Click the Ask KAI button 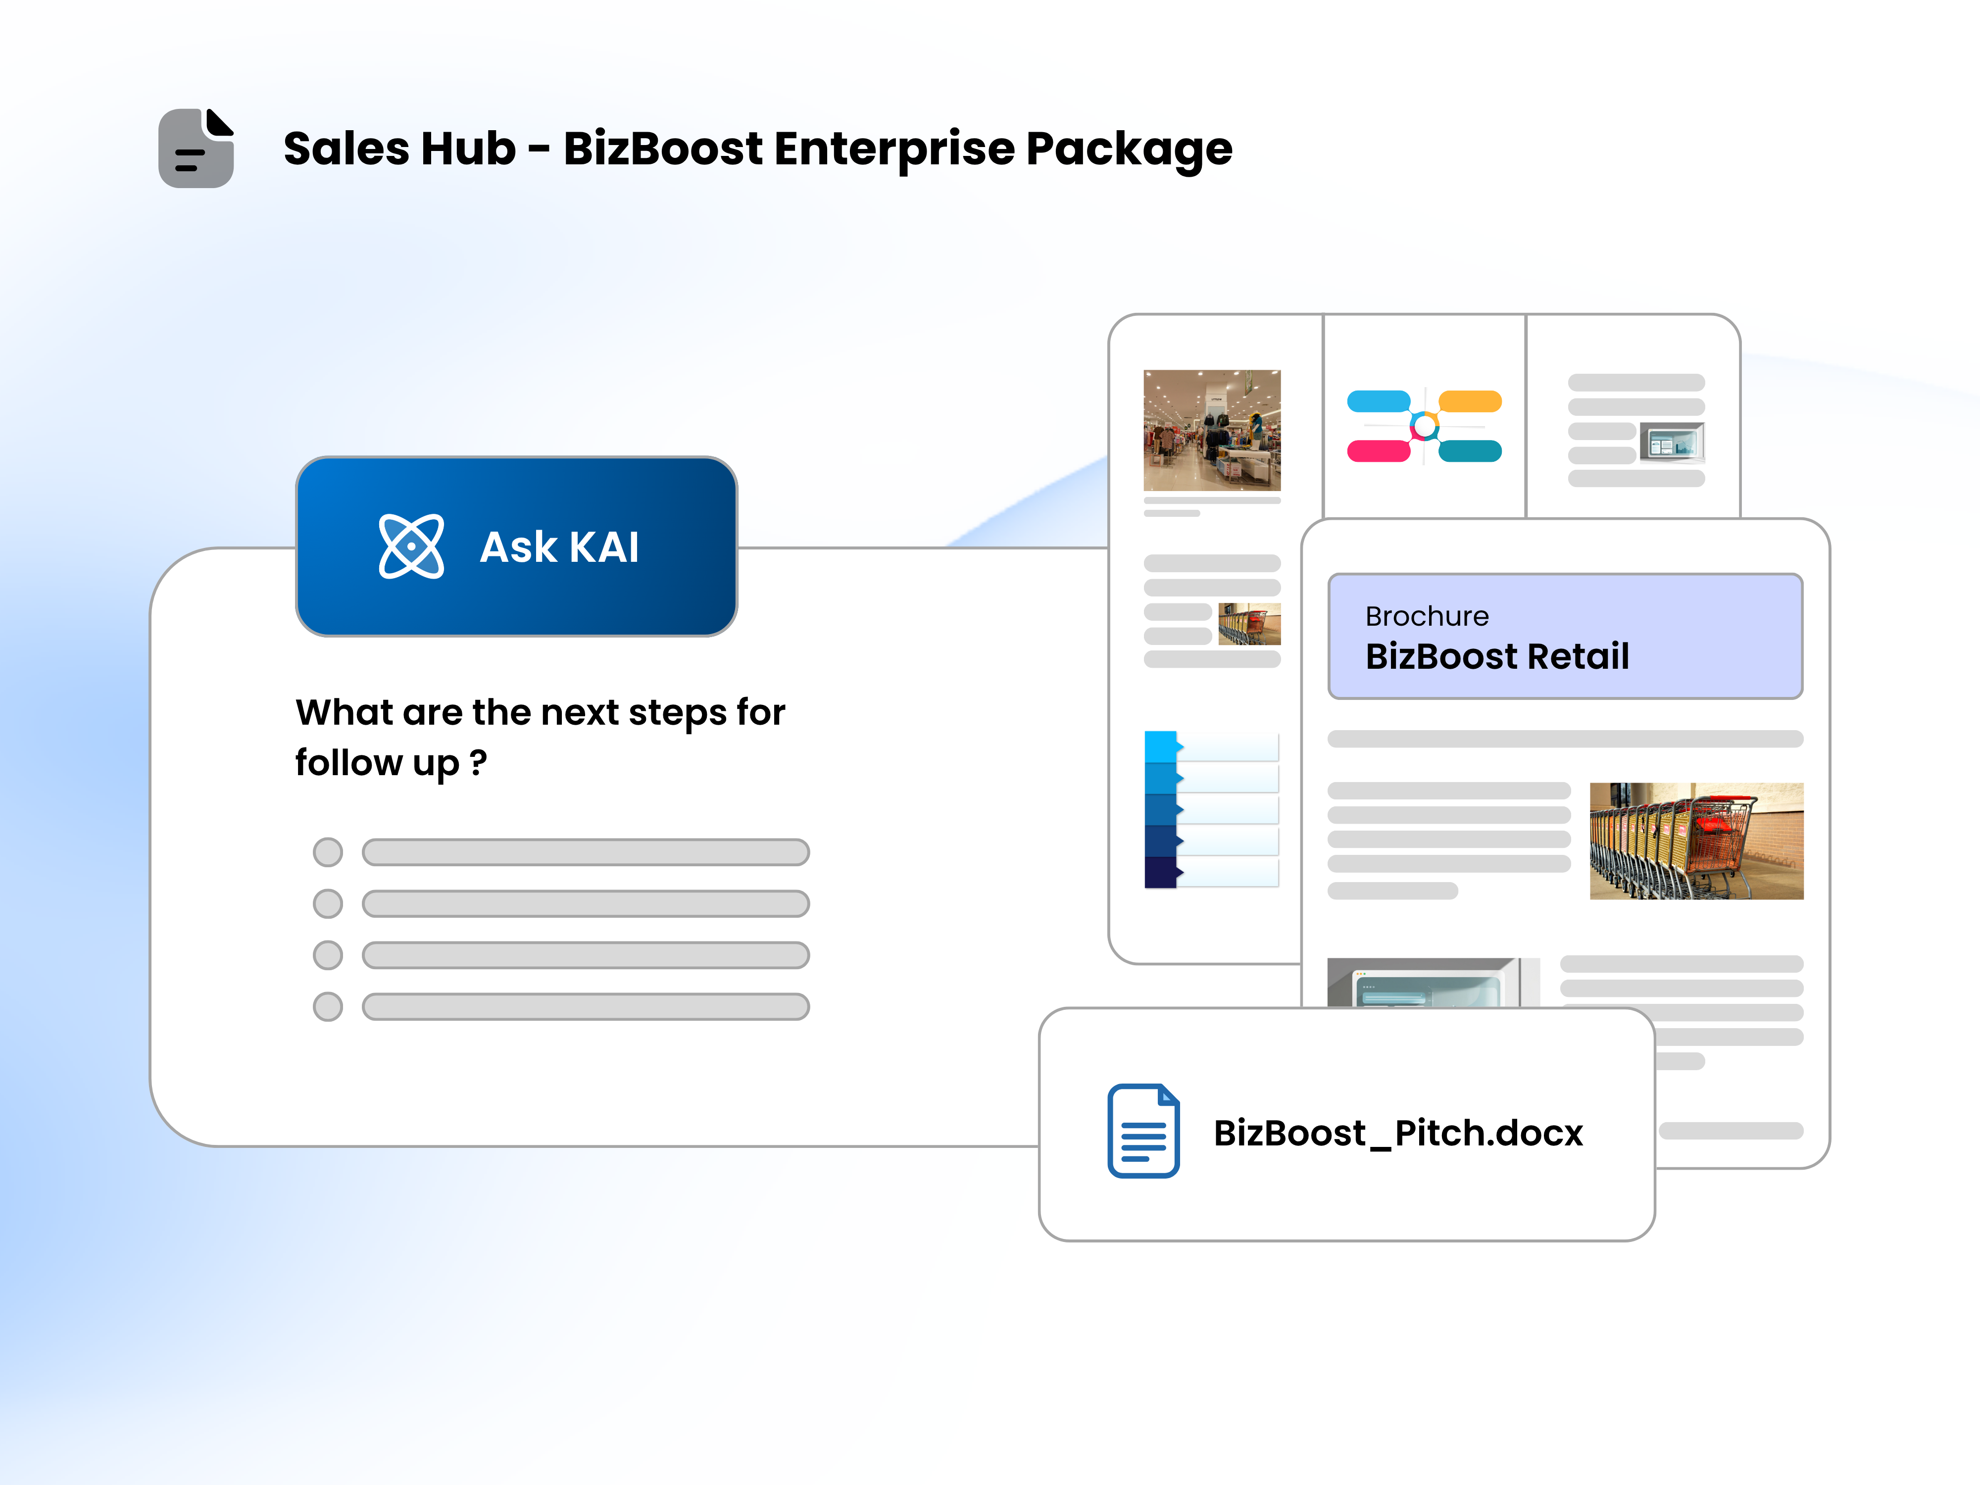click(x=516, y=546)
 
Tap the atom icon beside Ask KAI click(x=411, y=546)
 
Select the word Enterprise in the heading click(x=894, y=148)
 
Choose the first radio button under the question click(x=328, y=852)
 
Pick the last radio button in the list click(x=328, y=1006)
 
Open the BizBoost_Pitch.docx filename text click(x=1398, y=1133)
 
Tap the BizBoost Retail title click(x=1497, y=656)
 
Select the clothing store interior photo click(x=1212, y=430)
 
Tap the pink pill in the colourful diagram click(x=1379, y=451)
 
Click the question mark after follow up click(x=479, y=763)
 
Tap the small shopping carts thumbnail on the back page click(x=1249, y=624)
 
